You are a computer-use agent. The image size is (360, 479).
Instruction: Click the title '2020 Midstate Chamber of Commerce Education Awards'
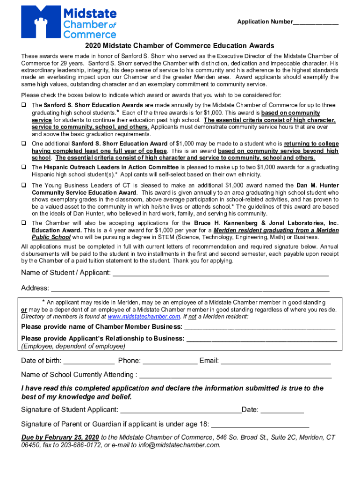click(x=180, y=46)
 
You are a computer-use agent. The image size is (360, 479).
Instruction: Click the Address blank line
click(x=189, y=288)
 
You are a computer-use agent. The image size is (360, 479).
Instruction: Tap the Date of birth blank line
click(x=89, y=361)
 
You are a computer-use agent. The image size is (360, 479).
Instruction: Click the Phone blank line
click(x=170, y=361)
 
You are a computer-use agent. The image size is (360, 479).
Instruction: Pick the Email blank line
click(x=276, y=361)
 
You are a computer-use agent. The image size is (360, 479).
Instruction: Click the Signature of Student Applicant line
click(x=180, y=410)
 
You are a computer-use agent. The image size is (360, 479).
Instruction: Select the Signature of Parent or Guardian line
click(x=260, y=425)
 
